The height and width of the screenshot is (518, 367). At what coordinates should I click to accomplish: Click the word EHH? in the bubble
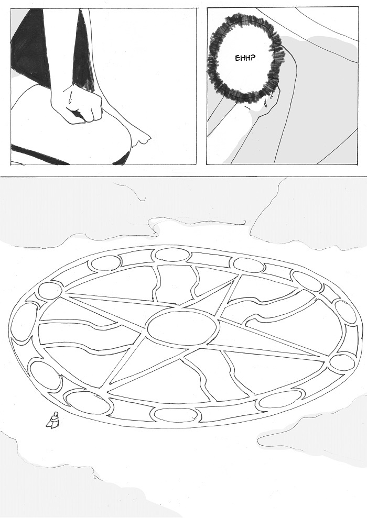click(245, 59)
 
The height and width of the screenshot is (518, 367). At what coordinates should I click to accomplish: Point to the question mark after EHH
click(253, 59)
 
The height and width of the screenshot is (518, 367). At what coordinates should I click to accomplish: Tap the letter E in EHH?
click(237, 59)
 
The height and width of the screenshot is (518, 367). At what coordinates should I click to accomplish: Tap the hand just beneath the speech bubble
click(261, 106)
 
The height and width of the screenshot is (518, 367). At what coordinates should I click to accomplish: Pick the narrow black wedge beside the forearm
click(84, 50)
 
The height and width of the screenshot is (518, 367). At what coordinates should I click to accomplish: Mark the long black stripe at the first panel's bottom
click(40, 153)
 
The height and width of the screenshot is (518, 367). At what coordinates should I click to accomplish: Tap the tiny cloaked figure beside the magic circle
click(53, 420)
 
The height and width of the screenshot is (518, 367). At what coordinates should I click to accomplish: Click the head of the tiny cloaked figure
click(56, 413)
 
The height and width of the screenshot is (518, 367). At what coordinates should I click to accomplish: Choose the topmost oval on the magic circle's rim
click(172, 255)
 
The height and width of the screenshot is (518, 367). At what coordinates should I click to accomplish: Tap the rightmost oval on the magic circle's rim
click(346, 311)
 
